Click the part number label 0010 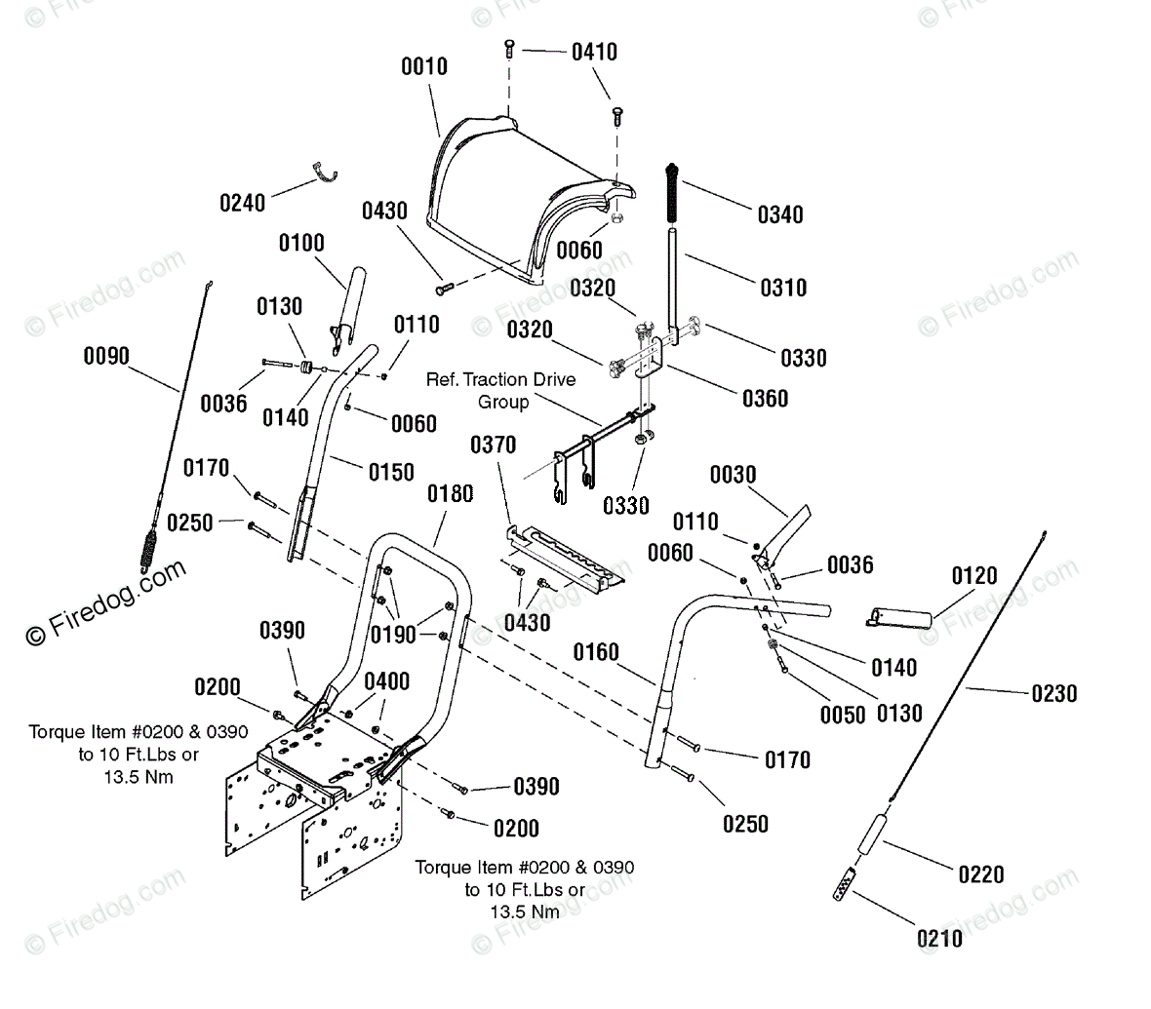[x=423, y=66]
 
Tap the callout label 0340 [x=780, y=215]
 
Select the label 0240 [x=242, y=203]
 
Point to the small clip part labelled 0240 [x=324, y=174]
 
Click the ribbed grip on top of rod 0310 [x=671, y=194]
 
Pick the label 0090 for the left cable [x=106, y=356]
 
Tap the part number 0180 [x=450, y=494]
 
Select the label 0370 [x=493, y=445]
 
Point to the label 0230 [x=1054, y=693]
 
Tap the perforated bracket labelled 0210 [x=845, y=883]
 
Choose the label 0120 [x=974, y=576]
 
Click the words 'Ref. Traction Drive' [x=500, y=379]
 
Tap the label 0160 [x=596, y=651]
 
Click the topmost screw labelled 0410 [x=509, y=50]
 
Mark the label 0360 [x=765, y=399]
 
